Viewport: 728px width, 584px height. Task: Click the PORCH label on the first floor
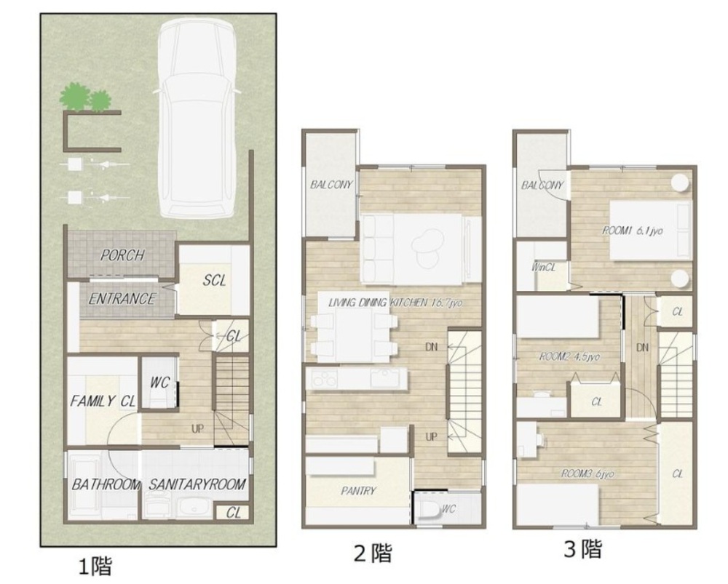(122, 255)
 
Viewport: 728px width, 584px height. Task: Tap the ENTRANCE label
(122, 299)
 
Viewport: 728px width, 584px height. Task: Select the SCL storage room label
(214, 280)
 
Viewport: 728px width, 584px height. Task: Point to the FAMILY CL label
(103, 401)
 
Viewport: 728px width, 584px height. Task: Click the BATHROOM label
(106, 485)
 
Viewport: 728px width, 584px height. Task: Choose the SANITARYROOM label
(197, 485)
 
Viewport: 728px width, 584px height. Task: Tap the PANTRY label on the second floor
(358, 491)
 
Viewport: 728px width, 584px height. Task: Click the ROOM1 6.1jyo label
(632, 230)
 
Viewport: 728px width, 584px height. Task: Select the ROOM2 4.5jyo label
(569, 356)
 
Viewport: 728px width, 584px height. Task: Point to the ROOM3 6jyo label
(587, 473)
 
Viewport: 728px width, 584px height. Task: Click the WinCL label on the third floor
(543, 268)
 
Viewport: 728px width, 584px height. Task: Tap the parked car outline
(197, 120)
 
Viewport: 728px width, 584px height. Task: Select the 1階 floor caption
(95, 567)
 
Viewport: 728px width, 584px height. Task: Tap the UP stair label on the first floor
(197, 428)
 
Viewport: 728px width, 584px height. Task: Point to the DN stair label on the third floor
(643, 348)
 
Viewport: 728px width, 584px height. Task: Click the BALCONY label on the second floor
(331, 185)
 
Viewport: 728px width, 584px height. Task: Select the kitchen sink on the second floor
(384, 379)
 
